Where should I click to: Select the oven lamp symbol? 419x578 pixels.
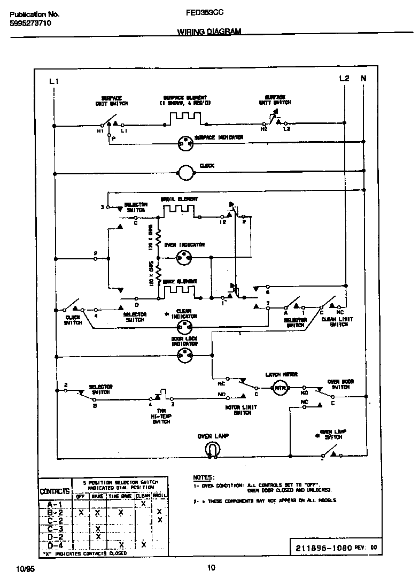point(211,451)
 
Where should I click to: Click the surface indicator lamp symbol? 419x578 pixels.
point(185,142)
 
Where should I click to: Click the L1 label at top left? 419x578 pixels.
point(53,81)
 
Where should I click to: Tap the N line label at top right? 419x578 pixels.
point(364,79)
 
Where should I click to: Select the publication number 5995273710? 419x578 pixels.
point(30,24)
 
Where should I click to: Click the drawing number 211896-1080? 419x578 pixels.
point(323,548)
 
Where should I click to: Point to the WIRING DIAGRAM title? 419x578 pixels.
point(209,32)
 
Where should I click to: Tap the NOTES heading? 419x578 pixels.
point(204,476)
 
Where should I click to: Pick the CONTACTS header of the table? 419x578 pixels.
point(55,491)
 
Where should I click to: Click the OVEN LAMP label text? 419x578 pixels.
point(213,436)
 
